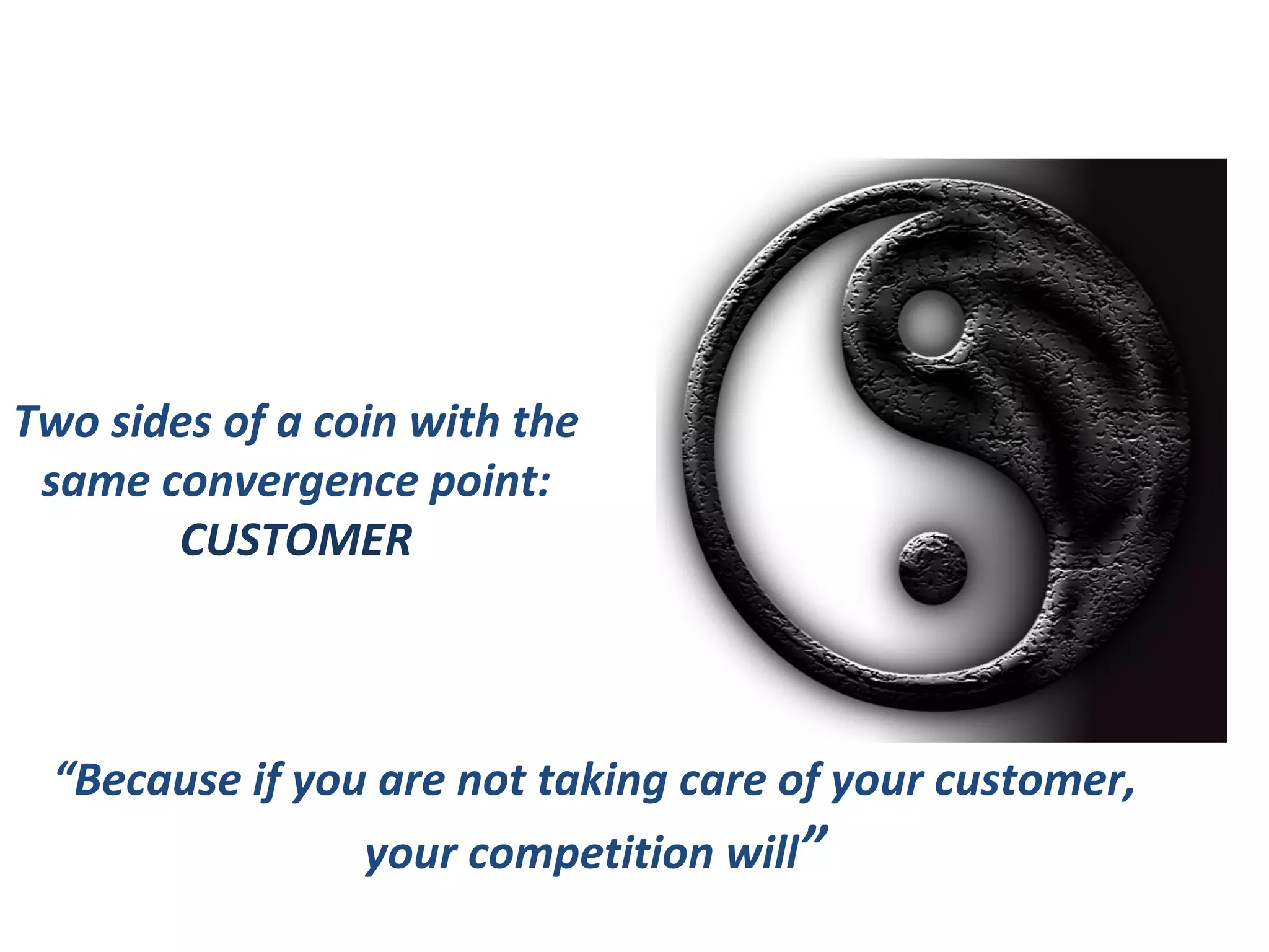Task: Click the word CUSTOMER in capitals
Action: [x=296, y=540]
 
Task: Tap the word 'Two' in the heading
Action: [x=57, y=423]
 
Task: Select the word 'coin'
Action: [x=355, y=423]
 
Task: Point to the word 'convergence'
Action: [x=291, y=482]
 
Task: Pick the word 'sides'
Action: [x=161, y=423]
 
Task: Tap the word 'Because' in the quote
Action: [x=157, y=780]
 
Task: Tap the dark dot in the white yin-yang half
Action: [x=933, y=567]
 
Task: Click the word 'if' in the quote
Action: [x=267, y=781]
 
